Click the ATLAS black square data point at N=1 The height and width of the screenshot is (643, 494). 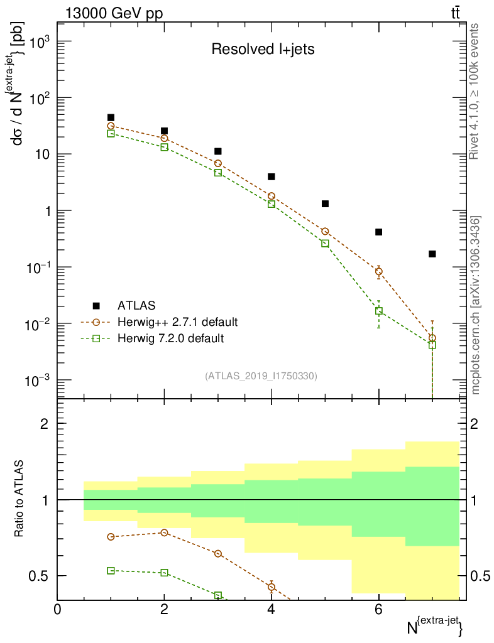click(111, 117)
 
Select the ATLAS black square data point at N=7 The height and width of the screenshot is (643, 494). click(432, 254)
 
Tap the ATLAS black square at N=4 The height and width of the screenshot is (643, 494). click(272, 177)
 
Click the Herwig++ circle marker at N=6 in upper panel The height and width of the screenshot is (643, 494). click(378, 271)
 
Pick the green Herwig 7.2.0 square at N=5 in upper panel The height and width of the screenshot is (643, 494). click(325, 243)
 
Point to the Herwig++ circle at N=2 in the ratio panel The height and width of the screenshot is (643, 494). click(165, 532)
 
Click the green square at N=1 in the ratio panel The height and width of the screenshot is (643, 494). click(111, 571)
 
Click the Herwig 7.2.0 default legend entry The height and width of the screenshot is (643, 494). click(170, 338)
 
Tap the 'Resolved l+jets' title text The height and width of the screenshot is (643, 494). click(262, 50)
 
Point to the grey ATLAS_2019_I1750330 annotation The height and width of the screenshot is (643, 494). click(261, 376)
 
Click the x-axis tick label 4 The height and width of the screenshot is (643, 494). click(272, 609)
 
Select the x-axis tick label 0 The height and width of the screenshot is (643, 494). click(58, 609)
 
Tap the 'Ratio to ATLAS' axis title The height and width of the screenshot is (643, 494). click(19, 499)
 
